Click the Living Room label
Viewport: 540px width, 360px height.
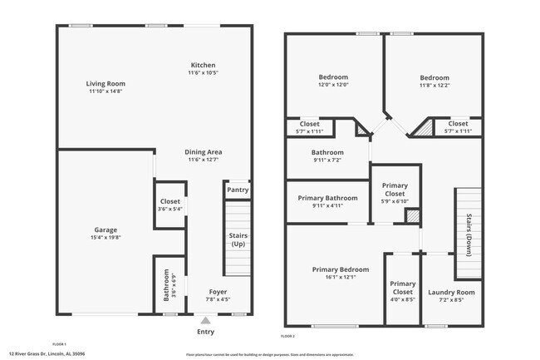106,83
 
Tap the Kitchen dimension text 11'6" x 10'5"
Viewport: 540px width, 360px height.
203,73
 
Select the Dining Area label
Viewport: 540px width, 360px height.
203,152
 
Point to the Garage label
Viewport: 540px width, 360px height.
106,229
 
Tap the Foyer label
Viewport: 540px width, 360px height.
218,292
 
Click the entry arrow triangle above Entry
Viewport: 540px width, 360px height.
205,319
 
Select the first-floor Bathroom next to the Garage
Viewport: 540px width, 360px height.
167,285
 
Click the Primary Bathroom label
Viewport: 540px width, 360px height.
329,198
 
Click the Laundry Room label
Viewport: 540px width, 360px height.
451,293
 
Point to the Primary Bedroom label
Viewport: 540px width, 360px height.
333,269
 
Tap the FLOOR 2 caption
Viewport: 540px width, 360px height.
287,335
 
